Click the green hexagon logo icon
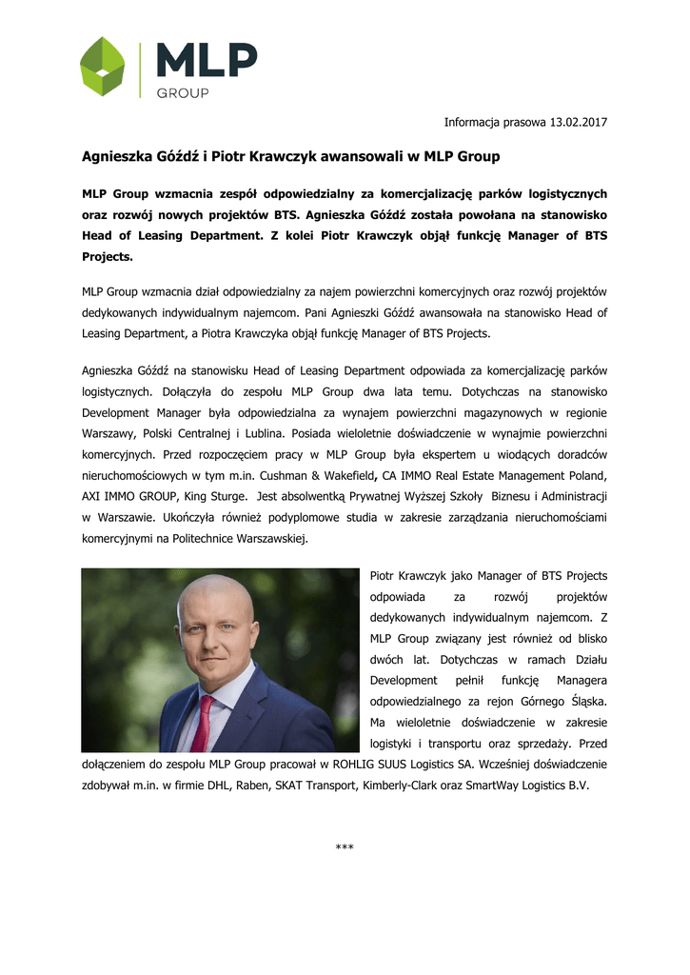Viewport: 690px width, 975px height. pyautogui.click(x=103, y=67)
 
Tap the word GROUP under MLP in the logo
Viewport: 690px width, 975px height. pyautogui.click(x=182, y=93)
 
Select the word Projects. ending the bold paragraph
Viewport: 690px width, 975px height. pyautogui.click(x=108, y=257)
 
